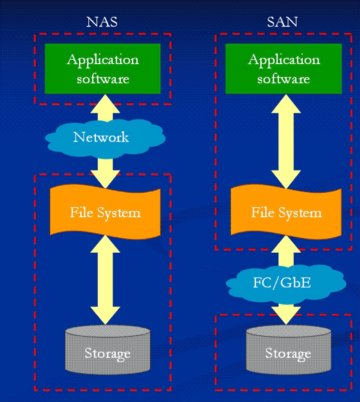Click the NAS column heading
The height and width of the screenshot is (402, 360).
pyautogui.click(x=102, y=22)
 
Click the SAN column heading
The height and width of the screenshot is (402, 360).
pyautogui.click(x=282, y=22)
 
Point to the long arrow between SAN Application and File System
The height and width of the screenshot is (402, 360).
pyautogui.click(x=286, y=142)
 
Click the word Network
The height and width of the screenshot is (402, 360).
pyautogui.click(x=101, y=137)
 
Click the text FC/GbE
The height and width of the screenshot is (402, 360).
pyautogui.click(x=282, y=283)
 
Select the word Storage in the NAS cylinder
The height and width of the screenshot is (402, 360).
pyautogui.click(x=107, y=354)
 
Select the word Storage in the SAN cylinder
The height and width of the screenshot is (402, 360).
pyautogui.click(x=288, y=354)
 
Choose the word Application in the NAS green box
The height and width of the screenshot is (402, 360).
pyautogui.click(x=103, y=60)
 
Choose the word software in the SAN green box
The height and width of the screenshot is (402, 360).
pyautogui.click(x=283, y=79)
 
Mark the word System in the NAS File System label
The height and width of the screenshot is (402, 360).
pyautogui.click(x=119, y=213)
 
